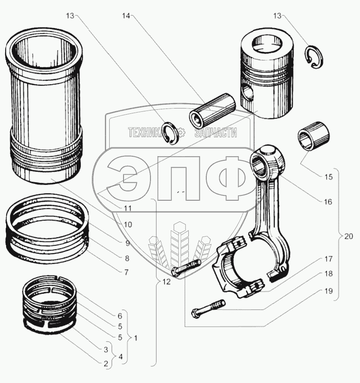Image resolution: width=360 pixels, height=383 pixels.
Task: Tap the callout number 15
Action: (328, 177)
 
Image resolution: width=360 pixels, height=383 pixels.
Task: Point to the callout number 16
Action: (328, 201)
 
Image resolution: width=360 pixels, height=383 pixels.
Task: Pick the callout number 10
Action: (128, 224)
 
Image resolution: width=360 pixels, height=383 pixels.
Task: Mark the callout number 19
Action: (329, 291)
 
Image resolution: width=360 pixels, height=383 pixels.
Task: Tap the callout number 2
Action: (105, 363)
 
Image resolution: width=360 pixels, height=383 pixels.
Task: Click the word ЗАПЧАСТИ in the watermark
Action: (216, 133)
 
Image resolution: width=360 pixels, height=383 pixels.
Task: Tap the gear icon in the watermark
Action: (182, 133)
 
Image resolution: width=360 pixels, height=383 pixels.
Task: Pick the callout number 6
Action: (120, 316)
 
